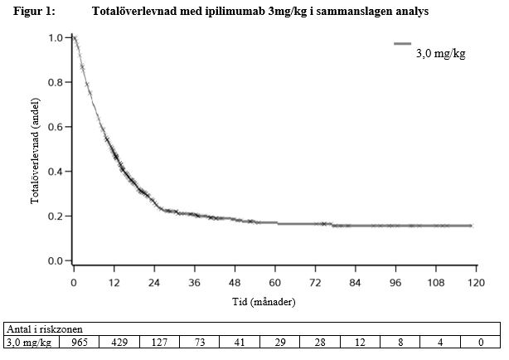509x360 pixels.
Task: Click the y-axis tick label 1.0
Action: [56, 38]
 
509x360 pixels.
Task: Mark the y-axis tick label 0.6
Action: [56, 127]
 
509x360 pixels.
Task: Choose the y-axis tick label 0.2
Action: [56, 216]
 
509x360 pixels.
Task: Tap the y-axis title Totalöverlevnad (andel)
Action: [36, 149]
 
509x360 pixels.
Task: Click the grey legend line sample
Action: [402, 43]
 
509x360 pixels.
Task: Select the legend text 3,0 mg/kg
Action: [440, 55]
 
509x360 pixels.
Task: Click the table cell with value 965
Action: [79, 341]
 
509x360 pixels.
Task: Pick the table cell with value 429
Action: [119, 341]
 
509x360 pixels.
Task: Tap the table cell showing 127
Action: [159, 341]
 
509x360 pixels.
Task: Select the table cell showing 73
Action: [199, 341]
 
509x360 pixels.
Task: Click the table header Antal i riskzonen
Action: [41, 328]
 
